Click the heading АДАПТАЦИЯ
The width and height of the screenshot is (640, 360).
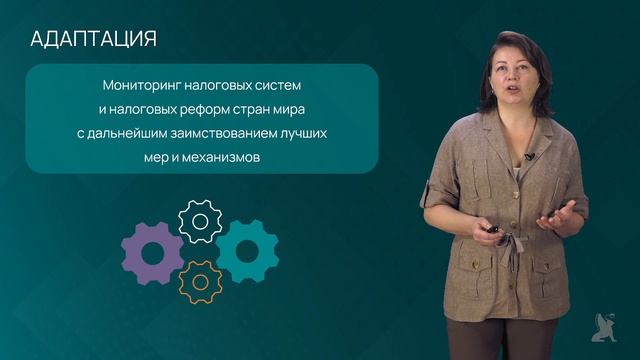pyautogui.click(x=94, y=39)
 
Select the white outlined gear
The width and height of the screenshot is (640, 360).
pyautogui.click(x=199, y=221)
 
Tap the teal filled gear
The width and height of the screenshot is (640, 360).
pyautogui.click(x=246, y=251)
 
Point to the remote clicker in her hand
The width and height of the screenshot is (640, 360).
pyautogui.click(x=494, y=233)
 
